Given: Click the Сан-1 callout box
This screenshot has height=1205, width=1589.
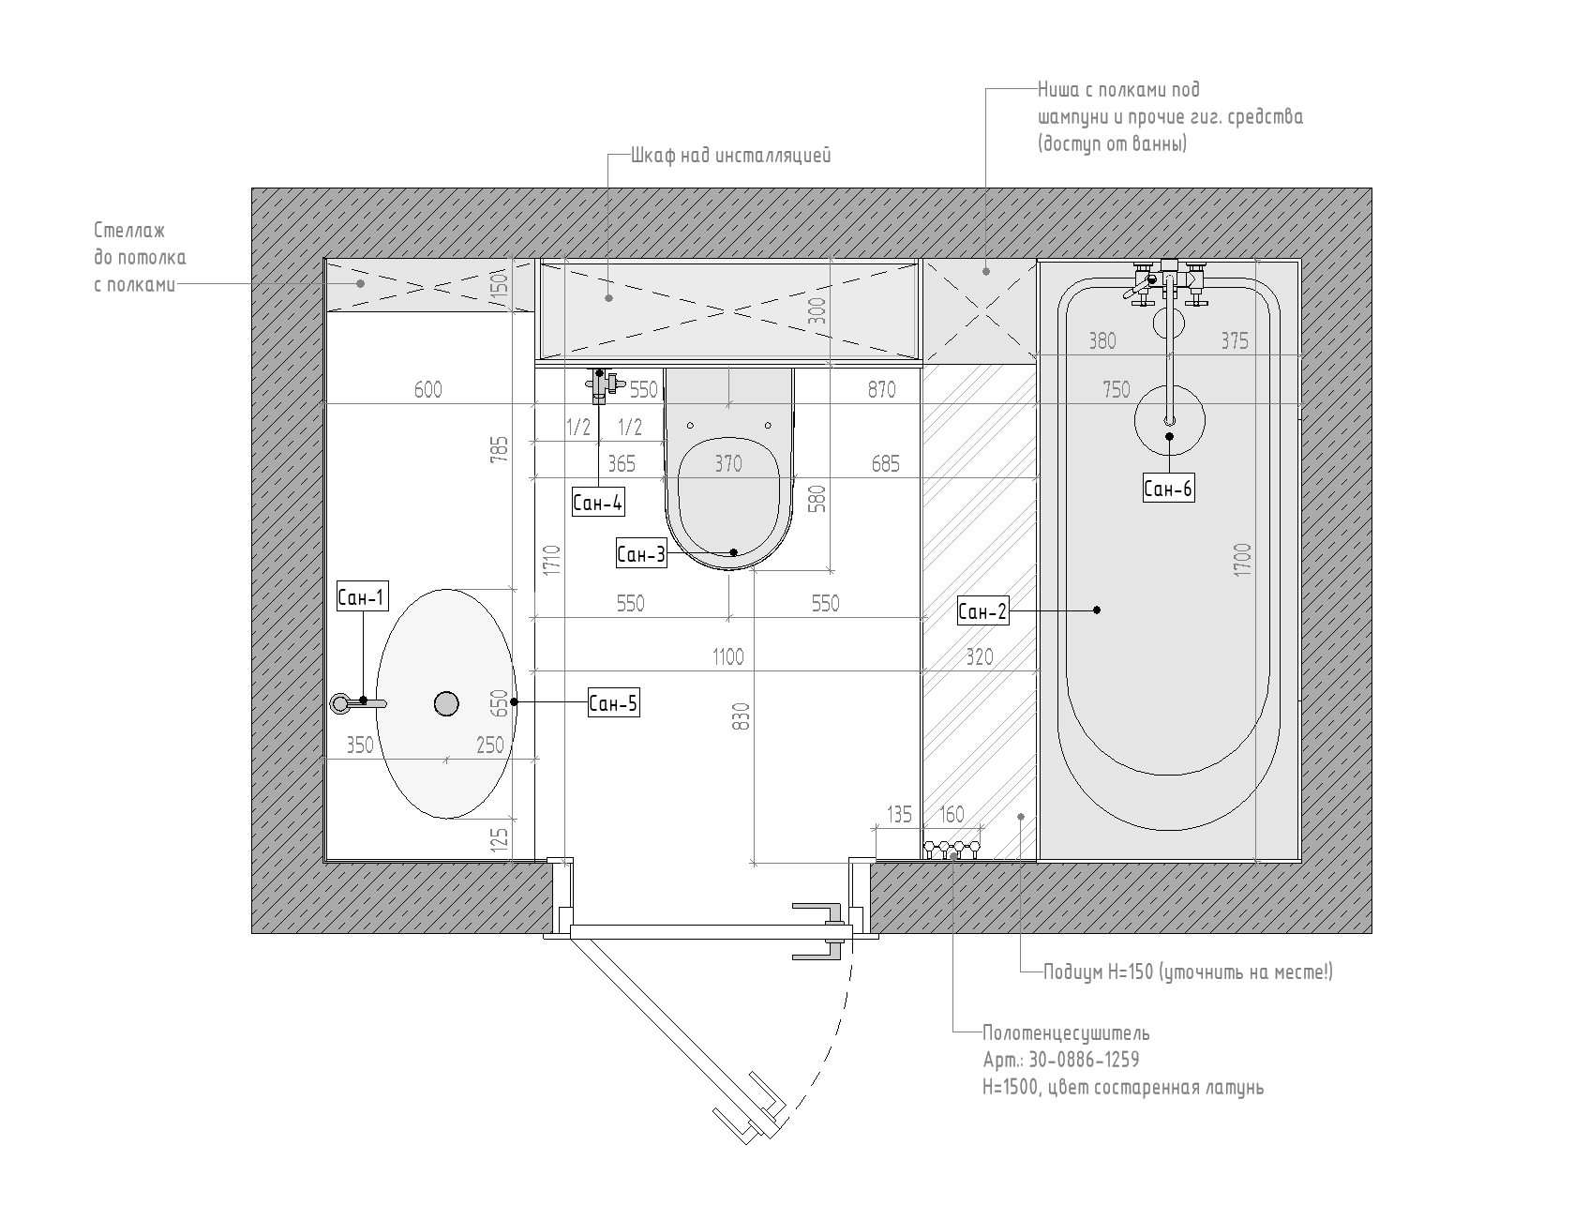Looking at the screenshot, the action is [362, 596].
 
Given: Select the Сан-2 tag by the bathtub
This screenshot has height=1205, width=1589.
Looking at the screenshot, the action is [982, 612].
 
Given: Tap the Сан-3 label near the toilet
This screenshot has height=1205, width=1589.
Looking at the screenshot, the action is [641, 554].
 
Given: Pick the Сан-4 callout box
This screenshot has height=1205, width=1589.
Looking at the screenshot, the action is [598, 503].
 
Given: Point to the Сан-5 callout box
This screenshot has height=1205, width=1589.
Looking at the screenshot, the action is [614, 702].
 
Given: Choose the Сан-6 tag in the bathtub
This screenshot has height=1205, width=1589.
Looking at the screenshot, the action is [1168, 488].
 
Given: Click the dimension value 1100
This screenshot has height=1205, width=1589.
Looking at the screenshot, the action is [728, 656].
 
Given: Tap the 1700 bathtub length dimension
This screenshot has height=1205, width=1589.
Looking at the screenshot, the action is [1243, 559].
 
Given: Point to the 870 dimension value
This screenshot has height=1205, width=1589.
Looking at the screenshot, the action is [881, 389].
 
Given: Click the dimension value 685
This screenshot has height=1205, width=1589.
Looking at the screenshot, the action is [885, 463].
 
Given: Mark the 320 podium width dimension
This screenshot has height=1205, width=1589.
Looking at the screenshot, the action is [979, 656].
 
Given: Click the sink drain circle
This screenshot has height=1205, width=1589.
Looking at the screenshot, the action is [447, 703].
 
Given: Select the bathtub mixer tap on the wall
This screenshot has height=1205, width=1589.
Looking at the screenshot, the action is [1168, 282].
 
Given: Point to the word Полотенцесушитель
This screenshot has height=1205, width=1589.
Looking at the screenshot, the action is [1066, 1033].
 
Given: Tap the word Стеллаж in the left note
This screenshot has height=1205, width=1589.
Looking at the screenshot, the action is [129, 231].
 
